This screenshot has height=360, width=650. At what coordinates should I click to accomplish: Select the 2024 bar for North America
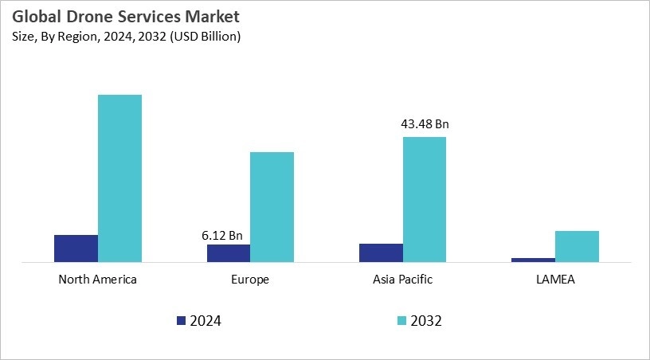(76, 248)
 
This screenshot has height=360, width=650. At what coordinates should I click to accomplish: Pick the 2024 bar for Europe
(229, 253)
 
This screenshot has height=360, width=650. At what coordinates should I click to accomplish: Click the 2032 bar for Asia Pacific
(425, 199)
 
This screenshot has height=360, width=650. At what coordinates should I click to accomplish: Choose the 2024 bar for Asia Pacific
(381, 252)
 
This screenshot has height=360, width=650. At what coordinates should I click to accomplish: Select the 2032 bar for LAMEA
(577, 246)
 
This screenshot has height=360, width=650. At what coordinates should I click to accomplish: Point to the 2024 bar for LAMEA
(533, 260)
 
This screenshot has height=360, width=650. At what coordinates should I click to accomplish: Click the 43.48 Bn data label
(425, 124)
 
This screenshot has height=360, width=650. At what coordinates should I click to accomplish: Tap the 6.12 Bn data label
(222, 236)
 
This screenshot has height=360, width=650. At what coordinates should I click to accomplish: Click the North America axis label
(98, 280)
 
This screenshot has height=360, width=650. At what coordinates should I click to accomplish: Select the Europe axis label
(250, 280)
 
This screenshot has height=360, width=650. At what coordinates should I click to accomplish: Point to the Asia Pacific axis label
(403, 280)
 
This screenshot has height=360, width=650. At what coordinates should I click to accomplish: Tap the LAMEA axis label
(555, 280)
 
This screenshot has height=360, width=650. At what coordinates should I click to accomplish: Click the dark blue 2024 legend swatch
(181, 321)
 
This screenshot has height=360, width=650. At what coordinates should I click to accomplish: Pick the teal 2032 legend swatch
(402, 321)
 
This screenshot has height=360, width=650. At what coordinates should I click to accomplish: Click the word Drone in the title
(86, 17)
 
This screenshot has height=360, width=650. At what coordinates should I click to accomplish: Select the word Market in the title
(212, 17)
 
